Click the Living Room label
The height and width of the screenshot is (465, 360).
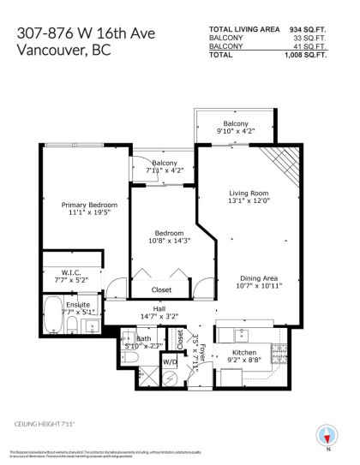pyautogui.click(x=249, y=194)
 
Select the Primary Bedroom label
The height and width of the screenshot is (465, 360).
pyautogui.click(x=88, y=206)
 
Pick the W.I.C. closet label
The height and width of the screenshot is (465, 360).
pyautogui.click(x=78, y=269)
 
